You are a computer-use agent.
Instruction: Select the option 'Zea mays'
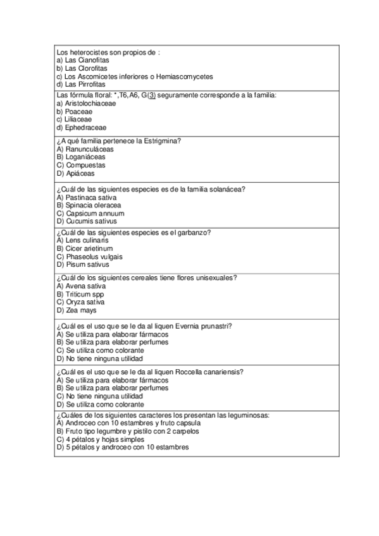81,310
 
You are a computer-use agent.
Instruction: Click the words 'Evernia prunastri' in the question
202,326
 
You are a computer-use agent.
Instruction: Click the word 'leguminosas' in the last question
249,415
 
